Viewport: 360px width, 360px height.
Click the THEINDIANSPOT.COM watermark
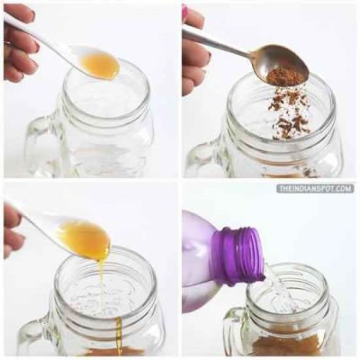(x=315, y=189)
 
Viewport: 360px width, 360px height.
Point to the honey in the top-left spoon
(x=100, y=66)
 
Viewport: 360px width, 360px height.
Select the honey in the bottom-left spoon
(x=85, y=239)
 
